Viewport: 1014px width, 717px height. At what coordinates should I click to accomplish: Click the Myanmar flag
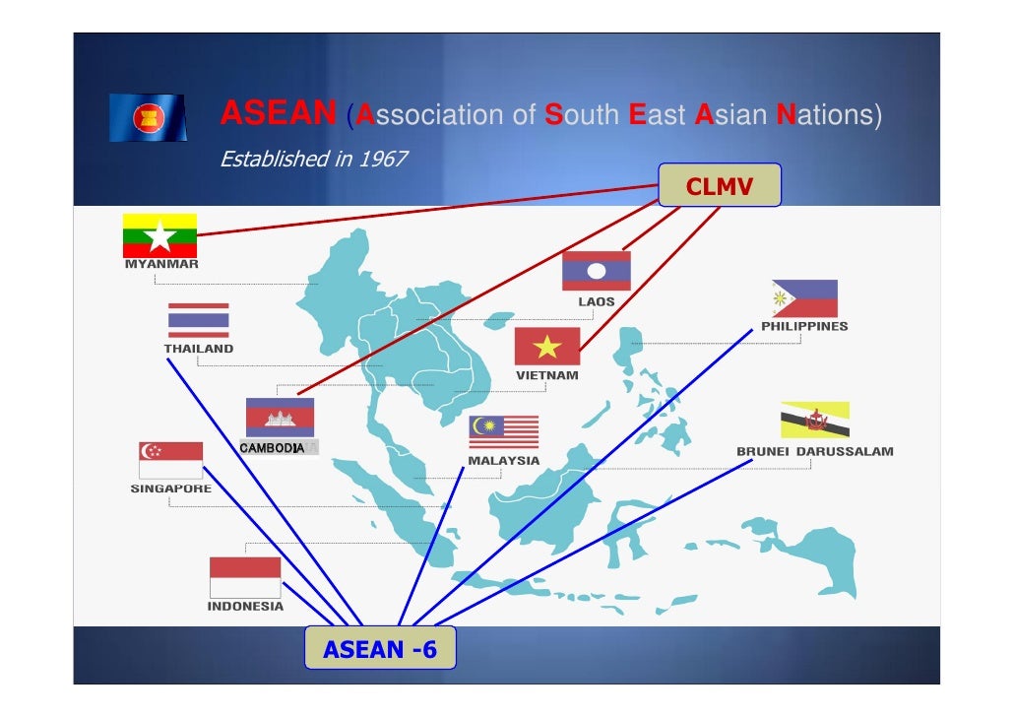[159, 235]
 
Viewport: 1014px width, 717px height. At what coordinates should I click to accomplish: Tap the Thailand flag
[198, 320]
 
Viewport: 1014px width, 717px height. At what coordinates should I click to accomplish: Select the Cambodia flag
[280, 417]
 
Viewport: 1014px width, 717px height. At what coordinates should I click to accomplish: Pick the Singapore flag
[170, 460]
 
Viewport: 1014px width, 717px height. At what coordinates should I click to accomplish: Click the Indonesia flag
[245, 576]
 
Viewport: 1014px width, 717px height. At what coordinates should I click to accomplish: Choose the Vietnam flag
[546, 346]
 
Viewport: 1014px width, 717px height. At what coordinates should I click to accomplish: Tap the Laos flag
[596, 270]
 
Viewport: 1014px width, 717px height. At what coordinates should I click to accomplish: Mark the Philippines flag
[804, 297]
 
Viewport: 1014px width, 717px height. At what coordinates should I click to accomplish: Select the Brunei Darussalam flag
[815, 420]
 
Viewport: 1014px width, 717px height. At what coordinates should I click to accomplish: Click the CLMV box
[719, 185]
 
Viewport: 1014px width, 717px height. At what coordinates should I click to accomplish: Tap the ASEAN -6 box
[380, 649]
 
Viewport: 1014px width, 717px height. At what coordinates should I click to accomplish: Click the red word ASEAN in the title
[279, 115]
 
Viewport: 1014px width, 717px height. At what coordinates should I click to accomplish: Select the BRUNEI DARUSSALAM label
[815, 452]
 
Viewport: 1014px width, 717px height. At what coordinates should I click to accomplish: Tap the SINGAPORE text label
[170, 489]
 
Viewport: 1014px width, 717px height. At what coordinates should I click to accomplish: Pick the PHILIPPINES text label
[804, 326]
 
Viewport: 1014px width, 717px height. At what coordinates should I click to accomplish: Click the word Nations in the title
[828, 115]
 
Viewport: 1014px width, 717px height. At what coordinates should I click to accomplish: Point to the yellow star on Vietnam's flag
[546, 346]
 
